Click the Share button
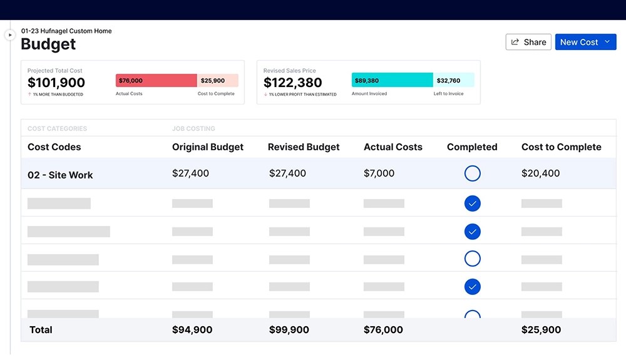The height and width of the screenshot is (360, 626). click(x=528, y=42)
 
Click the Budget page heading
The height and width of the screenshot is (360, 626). click(x=48, y=44)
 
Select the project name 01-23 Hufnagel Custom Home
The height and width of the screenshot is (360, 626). click(x=66, y=31)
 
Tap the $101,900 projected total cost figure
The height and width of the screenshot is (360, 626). click(x=56, y=83)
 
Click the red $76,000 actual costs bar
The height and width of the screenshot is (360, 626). click(x=156, y=81)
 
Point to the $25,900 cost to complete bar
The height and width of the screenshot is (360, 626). click(x=217, y=81)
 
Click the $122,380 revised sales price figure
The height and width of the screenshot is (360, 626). click(x=292, y=83)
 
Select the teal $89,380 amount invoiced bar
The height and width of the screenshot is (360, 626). click(x=392, y=80)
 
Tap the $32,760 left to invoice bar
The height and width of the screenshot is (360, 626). click(x=453, y=80)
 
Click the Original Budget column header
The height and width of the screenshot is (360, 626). click(x=208, y=147)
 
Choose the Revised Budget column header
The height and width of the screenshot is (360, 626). click(x=304, y=147)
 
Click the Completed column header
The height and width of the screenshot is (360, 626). click(x=472, y=147)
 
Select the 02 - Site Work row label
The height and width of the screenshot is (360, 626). click(x=60, y=175)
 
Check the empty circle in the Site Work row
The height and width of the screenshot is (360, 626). click(x=473, y=173)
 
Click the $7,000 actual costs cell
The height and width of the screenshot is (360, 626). click(x=379, y=173)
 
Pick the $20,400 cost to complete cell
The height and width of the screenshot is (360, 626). click(x=540, y=173)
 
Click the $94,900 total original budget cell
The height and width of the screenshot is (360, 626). click(x=192, y=330)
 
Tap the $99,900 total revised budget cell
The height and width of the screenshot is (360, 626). click(x=289, y=330)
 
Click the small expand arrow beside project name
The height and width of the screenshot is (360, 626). click(x=10, y=35)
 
